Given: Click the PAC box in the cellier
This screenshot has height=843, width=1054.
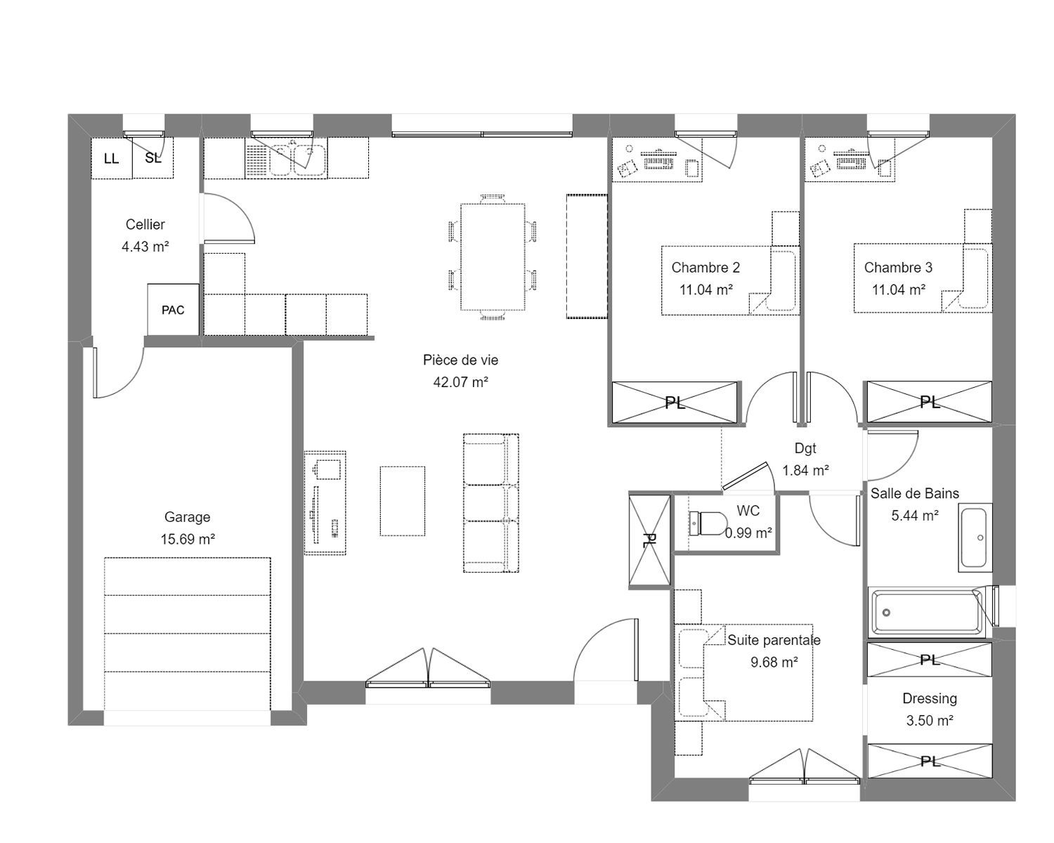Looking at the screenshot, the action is click(174, 310).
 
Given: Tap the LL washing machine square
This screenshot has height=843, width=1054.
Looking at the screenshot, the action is click(112, 158).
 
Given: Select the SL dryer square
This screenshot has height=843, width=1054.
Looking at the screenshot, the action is click(152, 158).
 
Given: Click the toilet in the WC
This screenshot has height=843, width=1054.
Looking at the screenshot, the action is click(708, 523).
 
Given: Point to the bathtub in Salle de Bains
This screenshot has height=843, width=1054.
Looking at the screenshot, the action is click(927, 612).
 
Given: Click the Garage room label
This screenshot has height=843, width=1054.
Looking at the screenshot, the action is click(187, 517).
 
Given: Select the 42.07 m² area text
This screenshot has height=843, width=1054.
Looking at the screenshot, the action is click(460, 382).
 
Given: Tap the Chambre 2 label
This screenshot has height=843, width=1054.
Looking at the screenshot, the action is click(705, 268).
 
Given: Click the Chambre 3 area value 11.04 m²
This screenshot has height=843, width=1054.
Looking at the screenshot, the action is click(898, 289).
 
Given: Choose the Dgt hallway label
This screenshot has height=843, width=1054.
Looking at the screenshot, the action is click(805, 448).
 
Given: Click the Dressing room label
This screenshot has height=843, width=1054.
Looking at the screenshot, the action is click(930, 698).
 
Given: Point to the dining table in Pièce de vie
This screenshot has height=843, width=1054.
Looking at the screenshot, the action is click(493, 257).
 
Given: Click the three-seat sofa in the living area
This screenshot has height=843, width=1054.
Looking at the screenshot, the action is click(491, 503).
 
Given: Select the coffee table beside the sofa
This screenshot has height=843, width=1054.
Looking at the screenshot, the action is click(403, 501).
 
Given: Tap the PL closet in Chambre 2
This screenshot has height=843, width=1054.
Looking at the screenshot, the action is click(675, 402).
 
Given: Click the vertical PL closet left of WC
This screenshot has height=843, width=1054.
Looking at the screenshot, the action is click(649, 540).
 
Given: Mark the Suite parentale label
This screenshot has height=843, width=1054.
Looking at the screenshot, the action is click(774, 640).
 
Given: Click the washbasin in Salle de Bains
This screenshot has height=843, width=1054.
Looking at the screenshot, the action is click(975, 537).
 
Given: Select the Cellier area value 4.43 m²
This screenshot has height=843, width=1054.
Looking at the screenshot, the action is click(145, 247).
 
